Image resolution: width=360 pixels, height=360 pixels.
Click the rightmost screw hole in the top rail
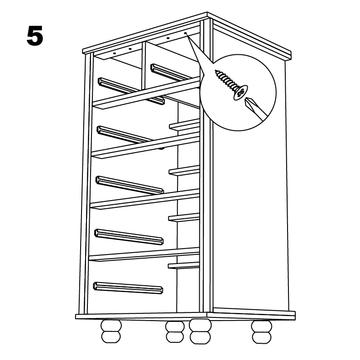(186, 34)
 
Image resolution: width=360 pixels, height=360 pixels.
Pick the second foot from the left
(174, 331)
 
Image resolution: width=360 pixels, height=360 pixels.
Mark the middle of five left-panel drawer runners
(130, 185)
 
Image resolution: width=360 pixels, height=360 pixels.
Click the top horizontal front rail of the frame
(146, 93)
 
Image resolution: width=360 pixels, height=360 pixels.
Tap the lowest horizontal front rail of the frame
(144, 254)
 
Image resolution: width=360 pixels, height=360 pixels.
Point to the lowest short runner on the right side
(183, 265)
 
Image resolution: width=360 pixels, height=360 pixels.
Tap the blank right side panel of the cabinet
(254, 204)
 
